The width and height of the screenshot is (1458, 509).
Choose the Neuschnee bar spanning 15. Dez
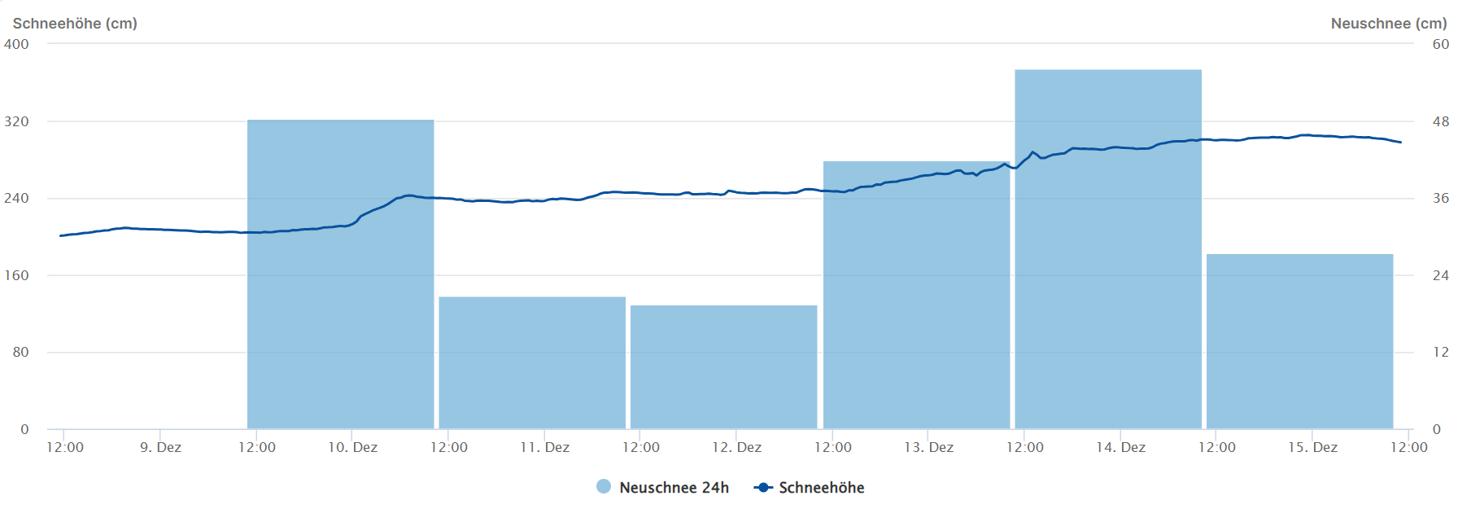click(1299, 341)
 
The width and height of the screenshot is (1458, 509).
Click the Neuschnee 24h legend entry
click(663, 487)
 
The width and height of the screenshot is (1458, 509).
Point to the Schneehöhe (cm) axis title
click(75, 24)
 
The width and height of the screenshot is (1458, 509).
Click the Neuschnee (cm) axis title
click(1388, 24)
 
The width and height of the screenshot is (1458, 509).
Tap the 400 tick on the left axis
click(16, 44)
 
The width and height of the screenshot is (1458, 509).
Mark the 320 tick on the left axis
click(16, 121)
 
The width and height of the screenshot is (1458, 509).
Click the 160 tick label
click(16, 275)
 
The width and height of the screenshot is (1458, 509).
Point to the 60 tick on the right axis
click(1440, 44)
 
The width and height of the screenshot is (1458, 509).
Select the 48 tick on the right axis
click(1440, 121)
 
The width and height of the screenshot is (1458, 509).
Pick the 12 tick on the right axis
click(1440, 352)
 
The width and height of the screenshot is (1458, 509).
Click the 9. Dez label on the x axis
click(160, 447)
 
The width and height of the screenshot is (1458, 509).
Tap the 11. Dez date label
click(544, 447)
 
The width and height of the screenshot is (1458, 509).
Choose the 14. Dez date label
click(1120, 447)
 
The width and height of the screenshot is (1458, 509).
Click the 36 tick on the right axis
click(1440, 198)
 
